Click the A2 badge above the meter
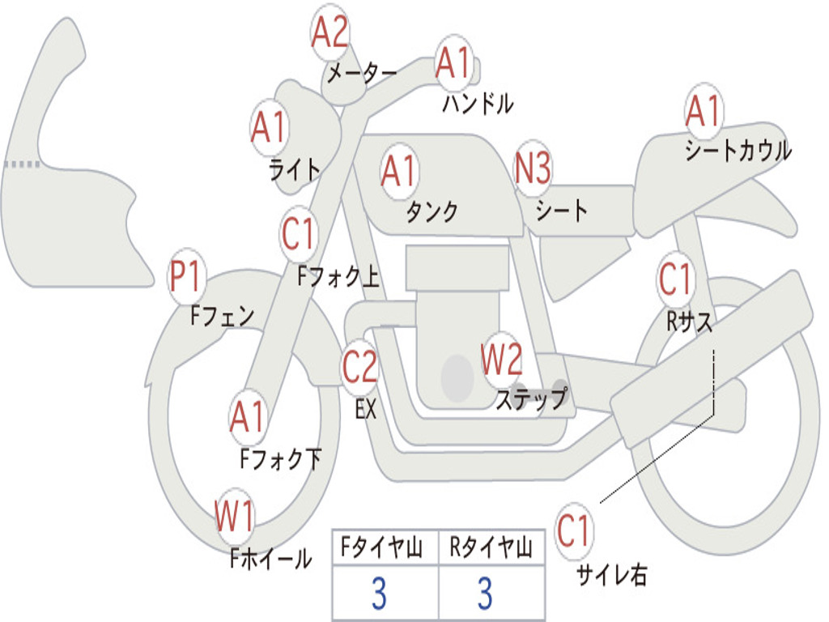pos(330,32)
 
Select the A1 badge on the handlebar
pos(453,62)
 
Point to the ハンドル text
pos(478,103)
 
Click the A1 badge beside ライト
pos(270,127)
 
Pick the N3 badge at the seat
pos(533,168)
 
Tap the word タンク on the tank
pos(432,211)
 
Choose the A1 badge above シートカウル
pos(704,110)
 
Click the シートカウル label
pos(738,151)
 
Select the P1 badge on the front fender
pos(185,276)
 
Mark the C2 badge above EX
pos(360,367)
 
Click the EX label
pos(366,409)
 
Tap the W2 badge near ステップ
pos(501,359)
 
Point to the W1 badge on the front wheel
pos(235,516)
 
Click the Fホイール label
pos(270,558)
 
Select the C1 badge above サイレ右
pos(574,530)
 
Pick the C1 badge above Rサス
pos(676,279)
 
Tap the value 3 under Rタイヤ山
pos(486,593)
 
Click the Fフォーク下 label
pos(281,458)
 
